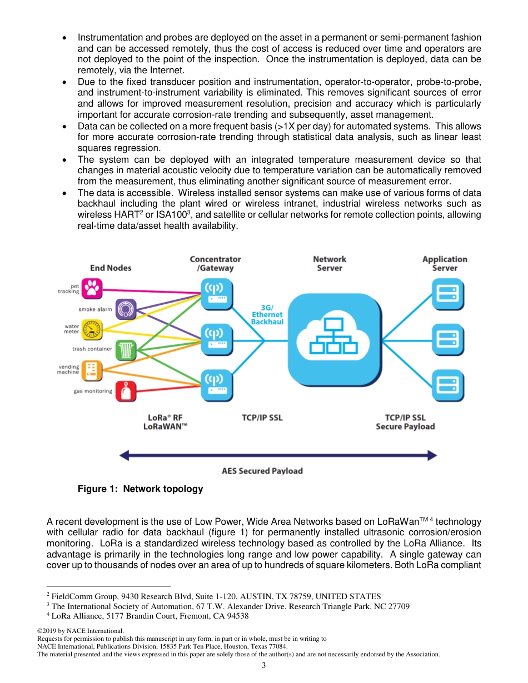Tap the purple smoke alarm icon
[126, 309]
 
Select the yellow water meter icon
[92, 329]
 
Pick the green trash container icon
[126, 350]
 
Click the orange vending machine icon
[92, 370]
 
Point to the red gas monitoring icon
[126, 391]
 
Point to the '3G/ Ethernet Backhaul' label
[267, 314]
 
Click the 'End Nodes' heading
[111, 268]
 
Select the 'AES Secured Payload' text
[262, 471]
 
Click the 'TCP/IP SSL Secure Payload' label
[405, 422]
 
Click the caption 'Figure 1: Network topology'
[140, 489]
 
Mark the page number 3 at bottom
[264, 665]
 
